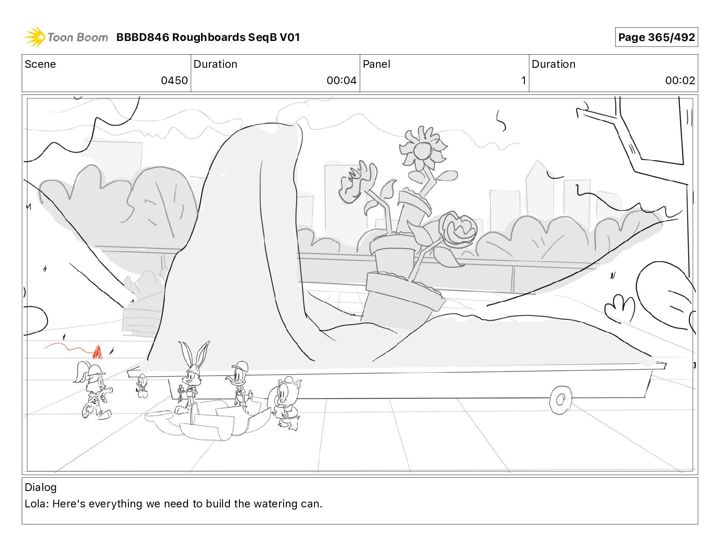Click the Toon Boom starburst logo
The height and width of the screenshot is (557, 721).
35,37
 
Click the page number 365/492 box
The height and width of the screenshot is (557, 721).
656,37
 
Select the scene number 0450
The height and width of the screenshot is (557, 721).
174,80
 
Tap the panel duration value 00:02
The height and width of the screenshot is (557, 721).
680,80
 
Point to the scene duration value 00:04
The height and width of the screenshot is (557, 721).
341,80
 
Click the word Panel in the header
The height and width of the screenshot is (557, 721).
376,64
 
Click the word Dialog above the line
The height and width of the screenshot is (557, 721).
41,487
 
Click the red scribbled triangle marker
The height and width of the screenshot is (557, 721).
97,352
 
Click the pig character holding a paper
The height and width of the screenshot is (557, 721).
285,403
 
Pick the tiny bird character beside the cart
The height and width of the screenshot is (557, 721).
142,386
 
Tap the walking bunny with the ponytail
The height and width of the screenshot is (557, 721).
94,390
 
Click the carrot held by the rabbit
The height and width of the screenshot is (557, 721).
181,391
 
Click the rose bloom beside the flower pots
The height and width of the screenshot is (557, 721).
458,229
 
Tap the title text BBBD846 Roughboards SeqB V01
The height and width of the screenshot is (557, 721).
208,37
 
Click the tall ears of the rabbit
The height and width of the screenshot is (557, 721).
194,354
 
